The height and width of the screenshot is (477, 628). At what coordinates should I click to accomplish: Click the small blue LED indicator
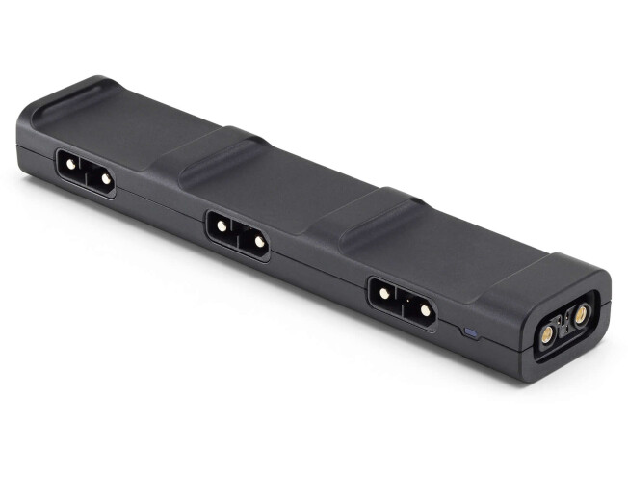pyautogui.click(x=469, y=333)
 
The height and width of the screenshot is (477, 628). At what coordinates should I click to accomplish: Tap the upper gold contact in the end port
pyautogui.click(x=581, y=314)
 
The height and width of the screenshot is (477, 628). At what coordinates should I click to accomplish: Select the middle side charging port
pyautogui.click(x=238, y=234)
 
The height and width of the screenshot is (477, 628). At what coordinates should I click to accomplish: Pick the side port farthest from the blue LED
pyautogui.click(x=86, y=172)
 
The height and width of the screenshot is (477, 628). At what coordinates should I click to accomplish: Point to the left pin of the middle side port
pyautogui.click(x=222, y=225)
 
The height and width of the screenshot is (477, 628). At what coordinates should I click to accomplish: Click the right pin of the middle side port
pyautogui.click(x=259, y=243)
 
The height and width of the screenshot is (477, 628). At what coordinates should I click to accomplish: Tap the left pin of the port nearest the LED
pyautogui.click(x=384, y=292)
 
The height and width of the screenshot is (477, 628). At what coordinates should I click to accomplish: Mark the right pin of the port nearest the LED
pyautogui.click(x=423, y=311)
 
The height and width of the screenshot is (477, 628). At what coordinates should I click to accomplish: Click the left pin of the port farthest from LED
pyautogui.click(x=70, y=164)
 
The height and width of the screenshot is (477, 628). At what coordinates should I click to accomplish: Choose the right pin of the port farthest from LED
pyautogui.click(x=104, y=179)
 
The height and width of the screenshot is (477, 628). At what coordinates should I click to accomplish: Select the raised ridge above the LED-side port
pyautogui.click(x=371, y=207)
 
